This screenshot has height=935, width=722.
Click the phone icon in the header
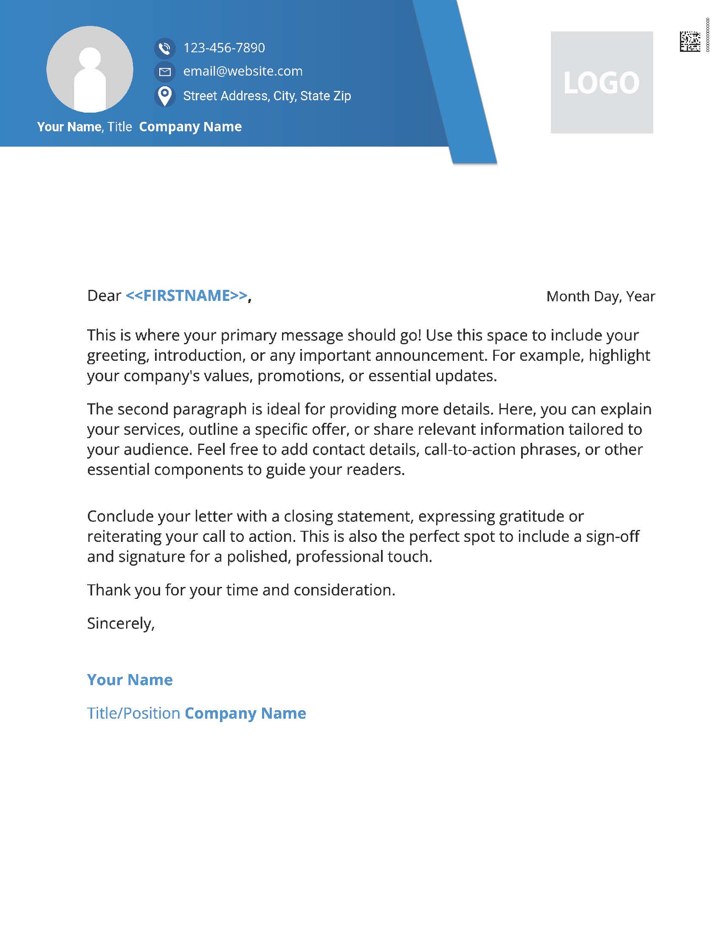pos(165,48)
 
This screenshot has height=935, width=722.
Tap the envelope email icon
pos(165,71)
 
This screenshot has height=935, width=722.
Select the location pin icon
pos(165,96)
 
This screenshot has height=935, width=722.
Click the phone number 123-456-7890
pos(224,48)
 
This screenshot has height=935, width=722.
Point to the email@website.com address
pos(243,71)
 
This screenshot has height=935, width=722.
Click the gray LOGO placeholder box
pos(601,82)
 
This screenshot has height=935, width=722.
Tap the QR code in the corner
pos(689,42)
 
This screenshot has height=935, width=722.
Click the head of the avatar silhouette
pos(90,57)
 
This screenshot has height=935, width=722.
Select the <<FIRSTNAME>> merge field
pos(186,296)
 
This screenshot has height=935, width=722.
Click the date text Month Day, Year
pos(601,296)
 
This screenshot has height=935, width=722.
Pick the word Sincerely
pos(120,623)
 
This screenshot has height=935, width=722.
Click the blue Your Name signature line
pos(130,680)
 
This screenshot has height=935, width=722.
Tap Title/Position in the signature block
pos(133,713)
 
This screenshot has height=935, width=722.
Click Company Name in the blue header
pos(190,127)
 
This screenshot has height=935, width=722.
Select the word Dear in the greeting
pos(104,296)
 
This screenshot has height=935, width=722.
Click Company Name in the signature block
pos(245,713)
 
